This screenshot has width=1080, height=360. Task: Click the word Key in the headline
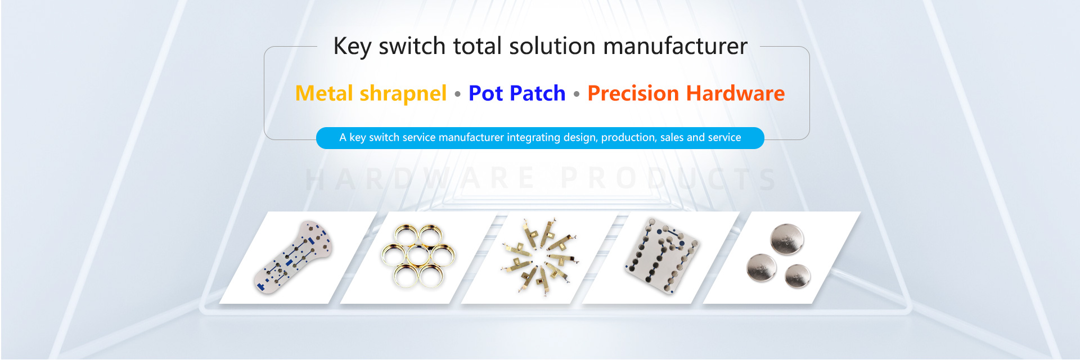(x=352, y=46)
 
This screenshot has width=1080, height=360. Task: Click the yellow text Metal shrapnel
(x=371, y=93)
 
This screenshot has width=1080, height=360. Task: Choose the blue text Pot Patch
(x=516, y=93)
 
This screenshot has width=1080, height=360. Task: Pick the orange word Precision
(x=633, y=93)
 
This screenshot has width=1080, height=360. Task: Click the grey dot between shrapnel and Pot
(x=457, y=94)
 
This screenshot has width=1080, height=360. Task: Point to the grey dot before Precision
(x=577, y=94)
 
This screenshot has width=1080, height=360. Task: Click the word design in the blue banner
(x=579, y=138)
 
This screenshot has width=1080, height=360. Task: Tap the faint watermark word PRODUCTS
(x=669, y=179)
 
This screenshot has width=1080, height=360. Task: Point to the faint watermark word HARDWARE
(x=420, y=179)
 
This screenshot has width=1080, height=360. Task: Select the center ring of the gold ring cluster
(x=418, y=256)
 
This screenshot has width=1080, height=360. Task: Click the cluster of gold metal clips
(x=539, y=258)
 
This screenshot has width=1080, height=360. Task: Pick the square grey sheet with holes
(x=661, y=256)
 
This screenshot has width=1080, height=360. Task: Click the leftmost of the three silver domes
(x=761, y=267)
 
